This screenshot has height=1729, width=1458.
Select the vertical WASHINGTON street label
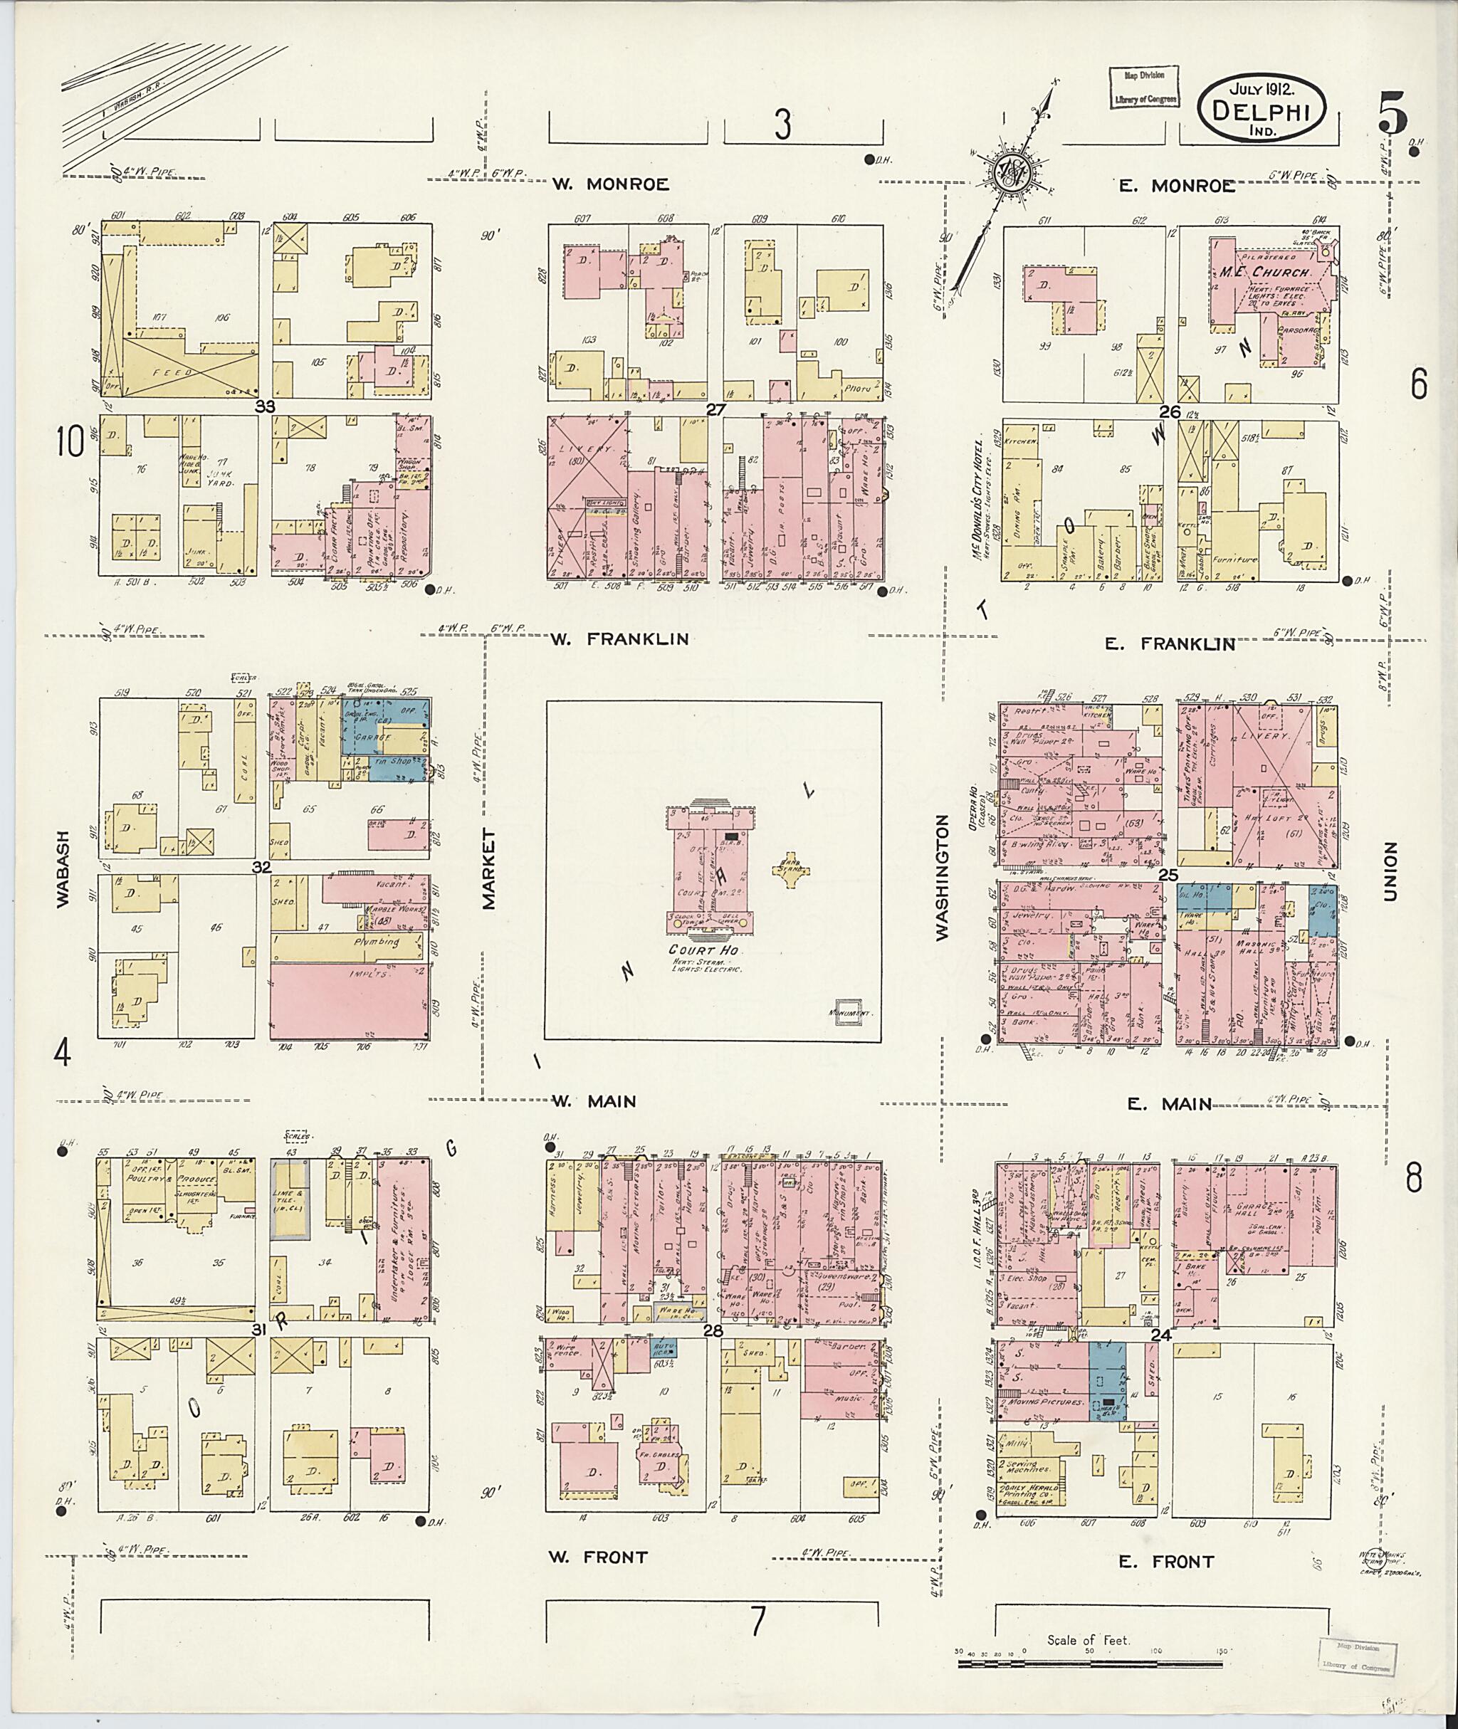point(943,877)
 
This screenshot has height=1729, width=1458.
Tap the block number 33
point(265,406)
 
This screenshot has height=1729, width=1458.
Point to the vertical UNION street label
point(1390,872)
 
